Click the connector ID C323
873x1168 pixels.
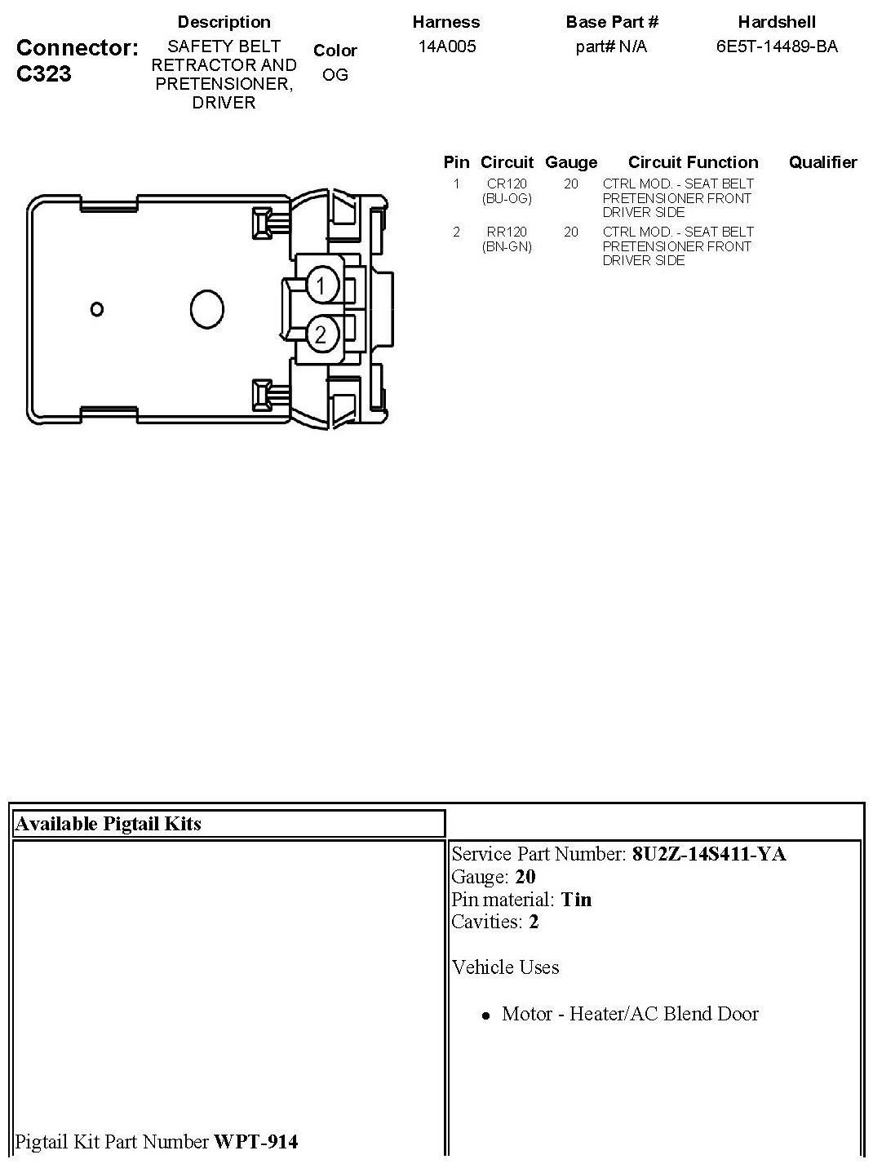[x=43, y=74]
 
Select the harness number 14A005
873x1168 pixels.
[x=447, y=46]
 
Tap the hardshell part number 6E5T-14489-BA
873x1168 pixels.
[x=777, y=46]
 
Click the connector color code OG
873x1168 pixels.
[x=335, y=75]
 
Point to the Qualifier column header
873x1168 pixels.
[x=822, y=162]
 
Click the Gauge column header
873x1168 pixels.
[x=571, y=162]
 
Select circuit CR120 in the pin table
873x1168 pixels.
[x=507, y=184]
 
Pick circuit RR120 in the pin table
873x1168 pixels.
[x=507, y=232]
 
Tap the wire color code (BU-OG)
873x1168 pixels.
[x=507, y=198]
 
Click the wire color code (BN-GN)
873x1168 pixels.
[x=507, y=246]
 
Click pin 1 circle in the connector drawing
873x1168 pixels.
[x=321, y=285]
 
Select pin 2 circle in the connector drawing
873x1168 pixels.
[x=321, y=334]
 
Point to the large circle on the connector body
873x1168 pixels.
[x=206, y=309]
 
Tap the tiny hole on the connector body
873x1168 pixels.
[x=97, y=309]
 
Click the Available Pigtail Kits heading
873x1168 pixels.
[x=109, y=824]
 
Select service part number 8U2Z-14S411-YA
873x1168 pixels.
[x=709, y=854]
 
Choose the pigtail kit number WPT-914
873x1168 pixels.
[x=255, y=1142]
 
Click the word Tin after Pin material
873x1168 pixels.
[x=577, y=900]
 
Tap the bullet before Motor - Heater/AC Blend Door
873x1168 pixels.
[x=485, y=1016]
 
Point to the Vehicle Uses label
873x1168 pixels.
[x=505, y=967]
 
